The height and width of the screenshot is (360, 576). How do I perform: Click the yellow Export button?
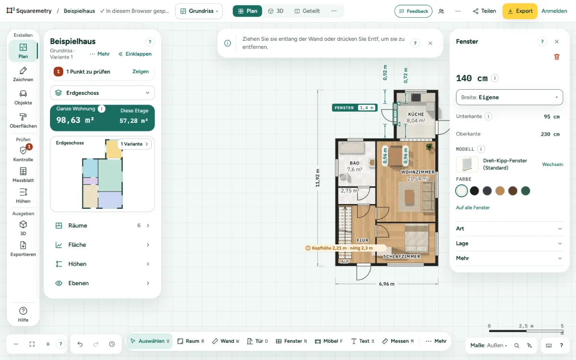coord(520,11)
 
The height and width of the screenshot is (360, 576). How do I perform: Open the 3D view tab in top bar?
coord(276,11)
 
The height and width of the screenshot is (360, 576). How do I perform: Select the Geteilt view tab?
coord(307,11)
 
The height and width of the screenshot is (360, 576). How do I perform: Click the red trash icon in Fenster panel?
coord(557,57)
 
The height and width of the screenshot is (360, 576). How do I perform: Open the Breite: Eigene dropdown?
coord(509,97)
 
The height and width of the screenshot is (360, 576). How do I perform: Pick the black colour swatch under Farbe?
coord(474,191)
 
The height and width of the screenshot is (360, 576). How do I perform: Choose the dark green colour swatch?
coord(525,191)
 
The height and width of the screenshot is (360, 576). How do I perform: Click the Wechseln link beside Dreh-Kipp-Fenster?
coord(552,164)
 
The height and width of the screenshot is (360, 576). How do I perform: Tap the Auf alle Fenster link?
coord(473,207)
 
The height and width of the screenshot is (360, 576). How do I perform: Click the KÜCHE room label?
coord(416,114)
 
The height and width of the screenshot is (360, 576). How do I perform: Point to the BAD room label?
coord(354,163)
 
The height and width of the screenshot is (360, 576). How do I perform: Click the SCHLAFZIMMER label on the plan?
coord(401,256)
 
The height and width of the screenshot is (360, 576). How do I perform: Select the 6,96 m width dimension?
coord(386,284)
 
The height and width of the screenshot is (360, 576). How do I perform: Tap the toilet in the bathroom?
coord(344,177)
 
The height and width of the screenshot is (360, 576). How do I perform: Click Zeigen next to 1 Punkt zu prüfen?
coord(140,72)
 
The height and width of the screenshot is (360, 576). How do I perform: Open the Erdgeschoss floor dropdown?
coord(102,93)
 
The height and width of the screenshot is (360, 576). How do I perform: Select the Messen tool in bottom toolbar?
coord(398,341)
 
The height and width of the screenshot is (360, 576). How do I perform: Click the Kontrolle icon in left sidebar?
coord(23,150)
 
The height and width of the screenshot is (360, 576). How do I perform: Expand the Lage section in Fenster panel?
coord(509,243)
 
